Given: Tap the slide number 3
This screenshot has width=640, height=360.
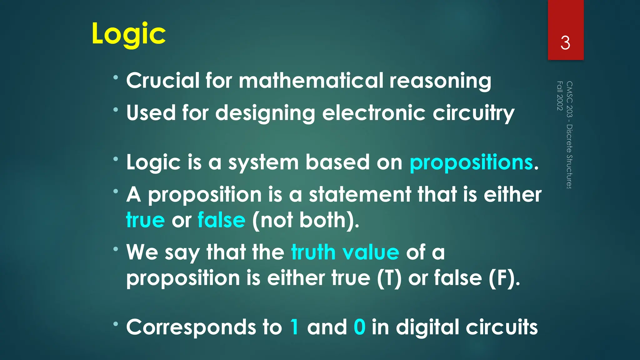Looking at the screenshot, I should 565,43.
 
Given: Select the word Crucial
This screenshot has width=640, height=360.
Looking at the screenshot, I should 162,80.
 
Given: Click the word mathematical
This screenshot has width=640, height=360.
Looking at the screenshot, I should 311,80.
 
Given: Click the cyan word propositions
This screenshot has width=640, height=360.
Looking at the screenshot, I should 471,162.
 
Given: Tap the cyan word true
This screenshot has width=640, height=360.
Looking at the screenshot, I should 145,220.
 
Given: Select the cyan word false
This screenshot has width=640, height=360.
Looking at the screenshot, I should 222,220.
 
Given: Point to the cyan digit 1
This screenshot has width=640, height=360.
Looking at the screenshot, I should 294,327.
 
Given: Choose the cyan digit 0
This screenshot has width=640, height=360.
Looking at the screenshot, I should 359,327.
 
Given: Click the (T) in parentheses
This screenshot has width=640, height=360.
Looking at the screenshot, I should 389,278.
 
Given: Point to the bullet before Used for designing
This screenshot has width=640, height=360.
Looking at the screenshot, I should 116,110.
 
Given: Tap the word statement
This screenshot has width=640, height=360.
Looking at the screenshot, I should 360,195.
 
